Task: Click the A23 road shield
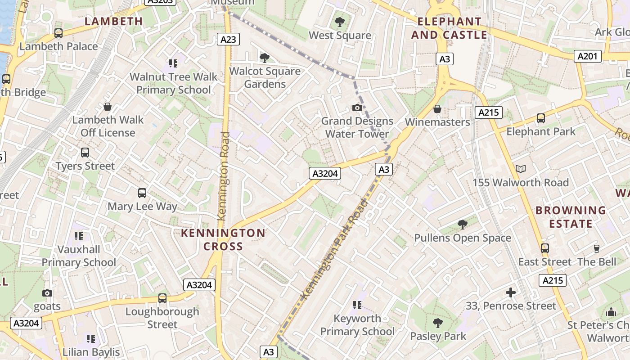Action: pyautogui.click(x=228, y=39)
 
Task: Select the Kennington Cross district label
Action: pyautogui.click(x=223, y=239)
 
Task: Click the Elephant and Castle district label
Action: pyautogui.click(x=452, y=28)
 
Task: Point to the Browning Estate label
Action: pyautogui.click(x=571, y=217)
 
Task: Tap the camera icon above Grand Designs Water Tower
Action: pyautogui.click(x=357, y=108)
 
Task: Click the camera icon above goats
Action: pyautogui.click(x=47, y=293)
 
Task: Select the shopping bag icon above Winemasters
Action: pyautogui.click(x=437, y=109)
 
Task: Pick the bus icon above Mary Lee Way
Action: pyautogui.click(x=142, y=193)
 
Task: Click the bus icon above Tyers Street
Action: pyautogui.click(x=85, y=153)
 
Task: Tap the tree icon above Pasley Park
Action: pyautogui.click(x=437, y=323)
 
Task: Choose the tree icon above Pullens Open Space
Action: pyautogui.click(x=462, y=225)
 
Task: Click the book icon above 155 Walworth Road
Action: pyautogui.click(x=521, y=169)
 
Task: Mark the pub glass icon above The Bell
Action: pyautogui.click(x=597, y=248)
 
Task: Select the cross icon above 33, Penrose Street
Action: pyautogui.click(x=511, y=292)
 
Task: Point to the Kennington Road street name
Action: pyautogui.click(x=224, y=175)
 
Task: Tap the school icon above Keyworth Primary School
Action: pyautogui.click(x=357, y=305)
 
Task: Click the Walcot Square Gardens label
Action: pyautogui.click(x=265, y=77)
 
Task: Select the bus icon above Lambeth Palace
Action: pyautogui.click(x=58, y=33)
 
